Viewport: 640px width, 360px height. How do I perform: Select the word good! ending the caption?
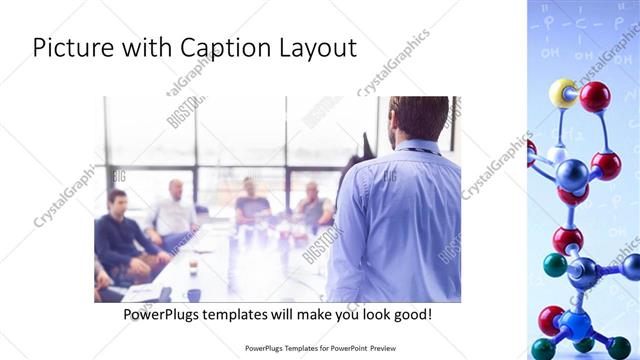tap(411, 314)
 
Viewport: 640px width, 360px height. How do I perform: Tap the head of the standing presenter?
tap(419, 118)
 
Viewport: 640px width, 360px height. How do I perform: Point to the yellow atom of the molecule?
tap(563, 93)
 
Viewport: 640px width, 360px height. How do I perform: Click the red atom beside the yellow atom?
tap(595, 96)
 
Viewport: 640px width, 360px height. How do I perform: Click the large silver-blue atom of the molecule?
tap(572, 176)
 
